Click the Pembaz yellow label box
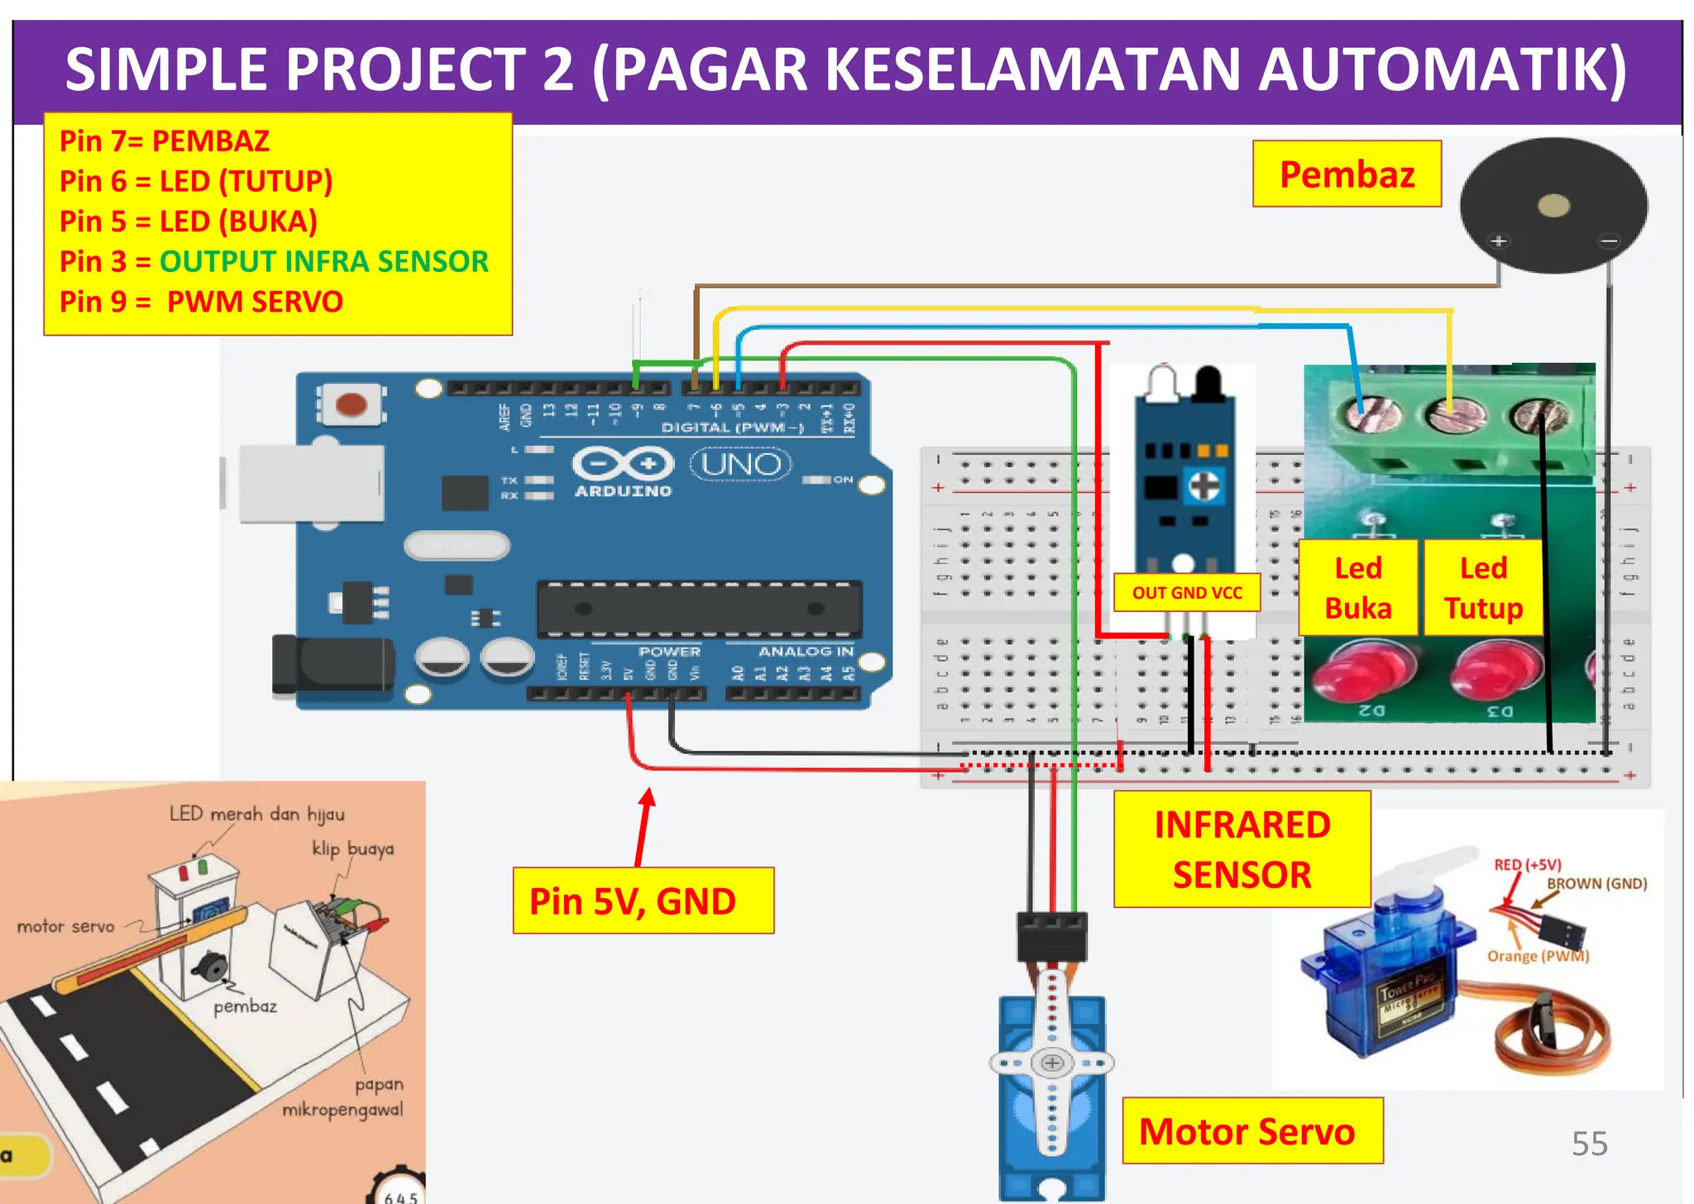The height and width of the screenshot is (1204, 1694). [x=1347, y=174]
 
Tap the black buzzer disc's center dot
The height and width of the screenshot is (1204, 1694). [x=1553, y=205]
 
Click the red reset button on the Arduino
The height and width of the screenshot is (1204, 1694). [x=352, y=404]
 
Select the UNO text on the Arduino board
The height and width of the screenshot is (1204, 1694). [x=740, y=464]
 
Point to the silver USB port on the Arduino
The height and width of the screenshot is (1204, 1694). [x=310, y=483]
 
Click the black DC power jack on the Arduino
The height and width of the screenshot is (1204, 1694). [x=331, y=664]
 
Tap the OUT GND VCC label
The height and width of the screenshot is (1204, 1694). [x=1187, y=593]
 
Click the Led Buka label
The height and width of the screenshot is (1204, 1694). [x=1358, y=588]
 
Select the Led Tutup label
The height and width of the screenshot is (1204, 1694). [x=1483, y=588]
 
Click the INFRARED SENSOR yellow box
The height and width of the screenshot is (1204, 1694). [x=1242, y=849]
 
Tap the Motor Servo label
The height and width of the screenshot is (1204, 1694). [x=1251, y=1131]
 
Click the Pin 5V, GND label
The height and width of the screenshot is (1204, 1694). [x=643, y=901]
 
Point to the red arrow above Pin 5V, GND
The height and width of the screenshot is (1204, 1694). [x=644, y=825]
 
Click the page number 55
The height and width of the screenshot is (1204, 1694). [x=1589, y=1144]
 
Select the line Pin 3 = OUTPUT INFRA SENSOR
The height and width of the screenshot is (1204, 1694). [x=274, y=261]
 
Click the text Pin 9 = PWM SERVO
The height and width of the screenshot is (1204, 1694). [x=201, y=302]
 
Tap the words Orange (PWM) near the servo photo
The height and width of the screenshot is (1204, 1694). [x=1538, y=956]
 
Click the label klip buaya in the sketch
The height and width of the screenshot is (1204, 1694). [x=352, y=848]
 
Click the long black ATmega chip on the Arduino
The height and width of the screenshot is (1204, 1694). [x=699, y=609]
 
